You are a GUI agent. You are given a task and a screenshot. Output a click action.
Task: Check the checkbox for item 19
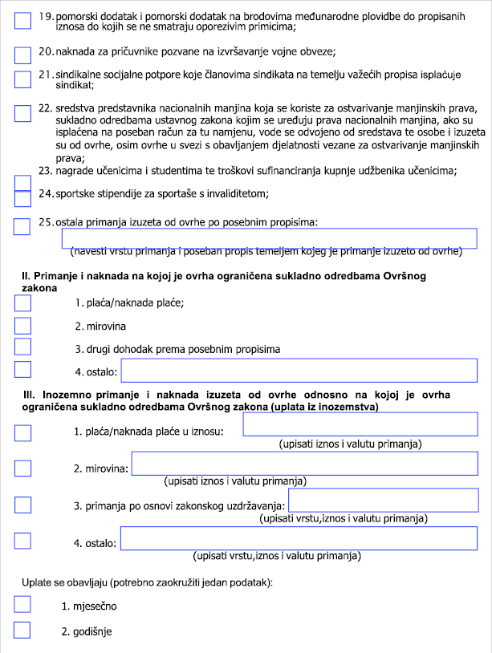pos(23,22)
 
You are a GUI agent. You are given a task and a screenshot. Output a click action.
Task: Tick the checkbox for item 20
pos(23,55)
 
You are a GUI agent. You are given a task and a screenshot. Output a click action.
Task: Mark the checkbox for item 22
pos(23,112)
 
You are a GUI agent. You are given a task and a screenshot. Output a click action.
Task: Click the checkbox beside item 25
pos(23,225)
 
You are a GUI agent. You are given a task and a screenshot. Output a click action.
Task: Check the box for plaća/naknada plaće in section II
pos(23,303)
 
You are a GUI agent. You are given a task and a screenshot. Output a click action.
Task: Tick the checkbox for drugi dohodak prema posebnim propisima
pos(23,347)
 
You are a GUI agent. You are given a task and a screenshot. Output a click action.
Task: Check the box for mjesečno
pos(23,605)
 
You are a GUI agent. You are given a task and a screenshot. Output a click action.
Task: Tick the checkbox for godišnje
pos(23,630)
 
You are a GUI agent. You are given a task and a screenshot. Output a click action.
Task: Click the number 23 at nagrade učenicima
pos(45,170)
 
